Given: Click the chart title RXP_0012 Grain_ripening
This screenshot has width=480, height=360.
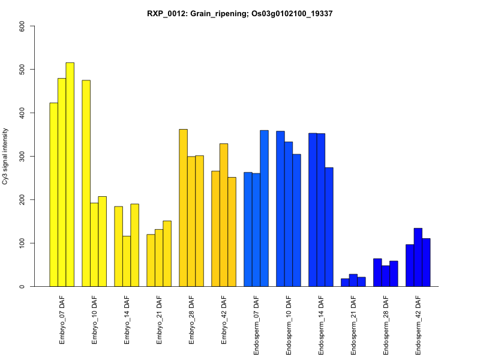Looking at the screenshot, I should [240, 13].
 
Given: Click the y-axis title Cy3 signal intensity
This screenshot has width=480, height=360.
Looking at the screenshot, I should [5, 156].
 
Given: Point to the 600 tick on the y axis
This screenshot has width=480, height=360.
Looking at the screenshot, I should [22, 26].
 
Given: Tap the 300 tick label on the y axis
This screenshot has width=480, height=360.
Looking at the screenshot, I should [22, 156].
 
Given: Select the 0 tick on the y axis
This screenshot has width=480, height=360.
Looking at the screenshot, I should [22, 286].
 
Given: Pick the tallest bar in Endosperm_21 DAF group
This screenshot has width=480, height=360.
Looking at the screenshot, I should [353, 280].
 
